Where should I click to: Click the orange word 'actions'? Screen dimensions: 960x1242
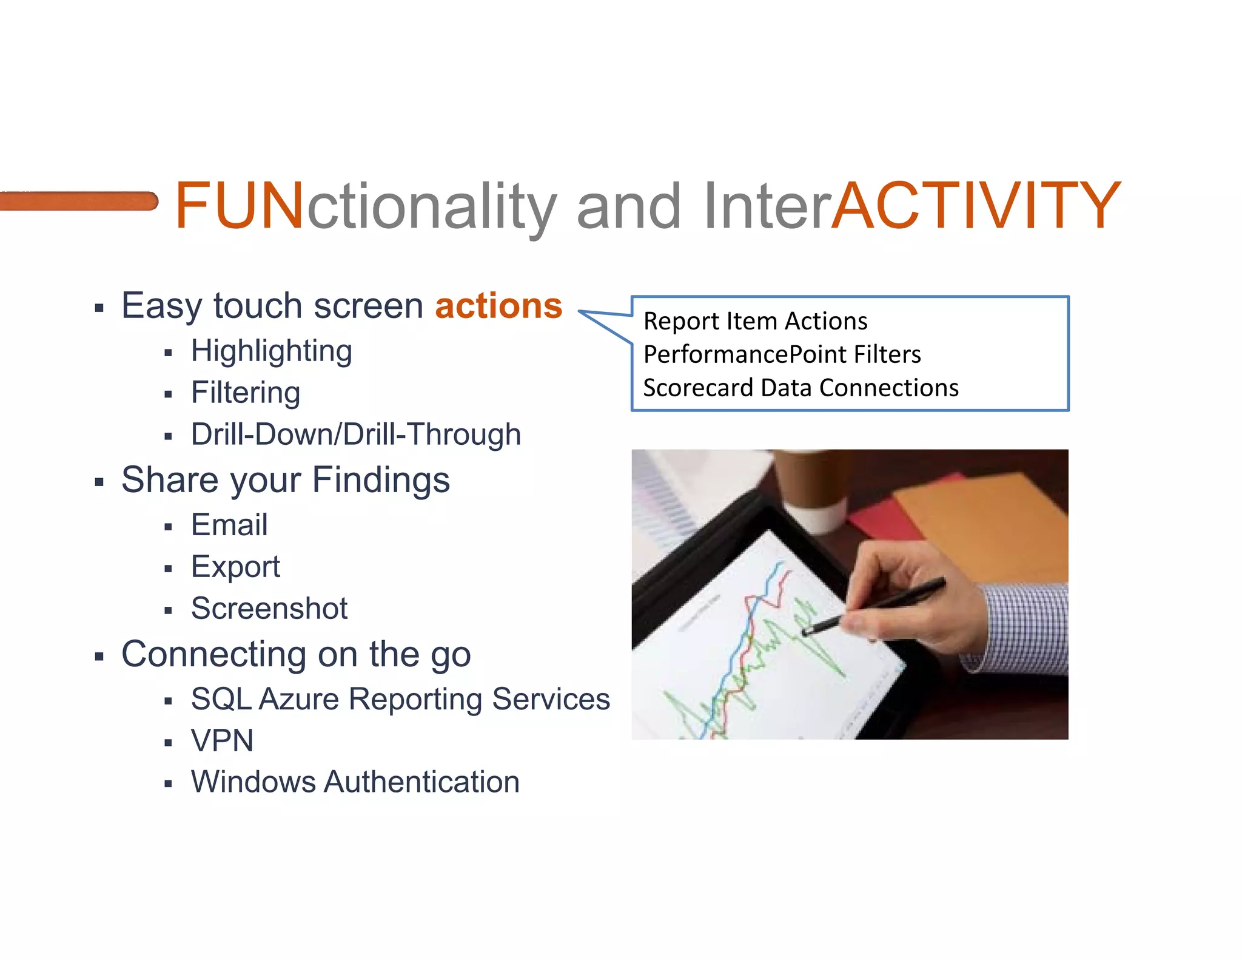(498, 305)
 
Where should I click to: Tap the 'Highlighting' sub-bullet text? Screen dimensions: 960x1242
(271, 351)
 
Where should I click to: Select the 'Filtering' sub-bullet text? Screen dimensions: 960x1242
(246, 393)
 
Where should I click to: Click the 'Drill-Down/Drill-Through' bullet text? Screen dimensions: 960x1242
(356, 434)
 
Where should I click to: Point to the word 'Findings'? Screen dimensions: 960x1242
(381, 480)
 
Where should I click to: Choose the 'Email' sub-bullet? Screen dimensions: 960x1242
(229, 525)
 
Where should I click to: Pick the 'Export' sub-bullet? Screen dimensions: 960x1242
(235, 567)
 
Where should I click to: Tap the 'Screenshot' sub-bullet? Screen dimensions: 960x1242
(269, 609)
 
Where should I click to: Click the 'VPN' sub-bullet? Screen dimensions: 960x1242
(222, 741)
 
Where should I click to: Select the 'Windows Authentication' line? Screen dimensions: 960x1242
(355, 782)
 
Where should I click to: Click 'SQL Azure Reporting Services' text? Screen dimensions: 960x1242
(400, 699)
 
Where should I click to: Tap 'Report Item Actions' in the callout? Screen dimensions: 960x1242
(755, 321)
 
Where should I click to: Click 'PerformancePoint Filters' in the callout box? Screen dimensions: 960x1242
(782, 354)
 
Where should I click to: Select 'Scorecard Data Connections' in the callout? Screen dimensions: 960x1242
(801, 388)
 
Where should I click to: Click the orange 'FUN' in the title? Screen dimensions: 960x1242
(239, 206)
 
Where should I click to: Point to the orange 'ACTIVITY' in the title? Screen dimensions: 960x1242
(975, 206)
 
